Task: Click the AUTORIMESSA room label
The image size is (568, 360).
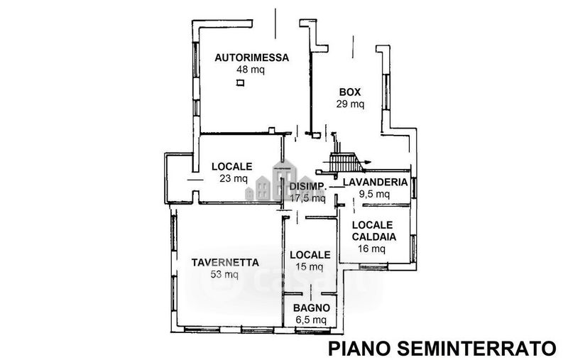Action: [x=252, y=58]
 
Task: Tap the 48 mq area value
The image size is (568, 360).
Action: [x=251, y=69]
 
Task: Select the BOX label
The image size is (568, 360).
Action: [x=350, y=92]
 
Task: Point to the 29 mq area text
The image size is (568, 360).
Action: [x=350, y=104]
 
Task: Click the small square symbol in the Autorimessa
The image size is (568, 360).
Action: [x=240, y=83]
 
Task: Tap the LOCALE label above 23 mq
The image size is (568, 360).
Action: [x=232, y=167]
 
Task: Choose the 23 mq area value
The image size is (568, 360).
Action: [x=234, y=178]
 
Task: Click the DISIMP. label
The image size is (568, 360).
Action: [x=308, y=187]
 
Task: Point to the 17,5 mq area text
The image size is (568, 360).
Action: [x=308, y=198]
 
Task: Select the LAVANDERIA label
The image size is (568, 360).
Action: [x=376, y=182]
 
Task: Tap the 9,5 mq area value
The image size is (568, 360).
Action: [x=374, y=194]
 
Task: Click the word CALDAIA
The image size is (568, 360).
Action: [x=374, y=237]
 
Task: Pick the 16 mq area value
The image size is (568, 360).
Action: [x=371, y=249]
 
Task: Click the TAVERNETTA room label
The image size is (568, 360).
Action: [x=225, y=263]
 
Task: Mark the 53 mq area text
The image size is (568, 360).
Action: [x=224, y=275]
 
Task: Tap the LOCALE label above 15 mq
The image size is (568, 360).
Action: [x=310, y=255]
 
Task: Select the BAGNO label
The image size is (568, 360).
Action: [x=312, y=308]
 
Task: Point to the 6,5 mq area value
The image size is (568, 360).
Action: [x=311, y=320]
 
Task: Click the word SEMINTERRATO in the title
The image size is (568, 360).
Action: [x=476, y=349]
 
